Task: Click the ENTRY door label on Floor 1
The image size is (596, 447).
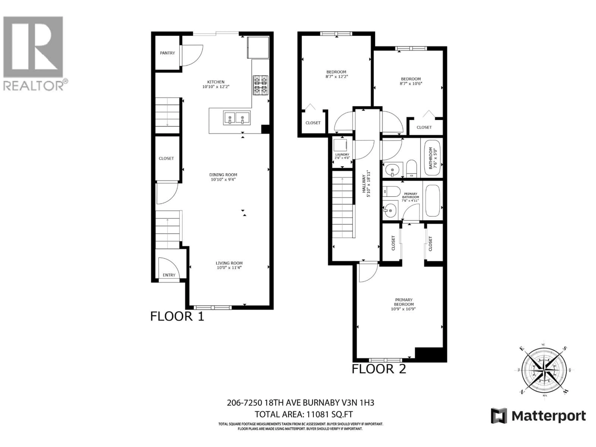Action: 169,275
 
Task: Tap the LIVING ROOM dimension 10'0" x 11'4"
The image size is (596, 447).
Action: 229,268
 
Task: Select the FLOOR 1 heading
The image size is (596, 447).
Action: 177,316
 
